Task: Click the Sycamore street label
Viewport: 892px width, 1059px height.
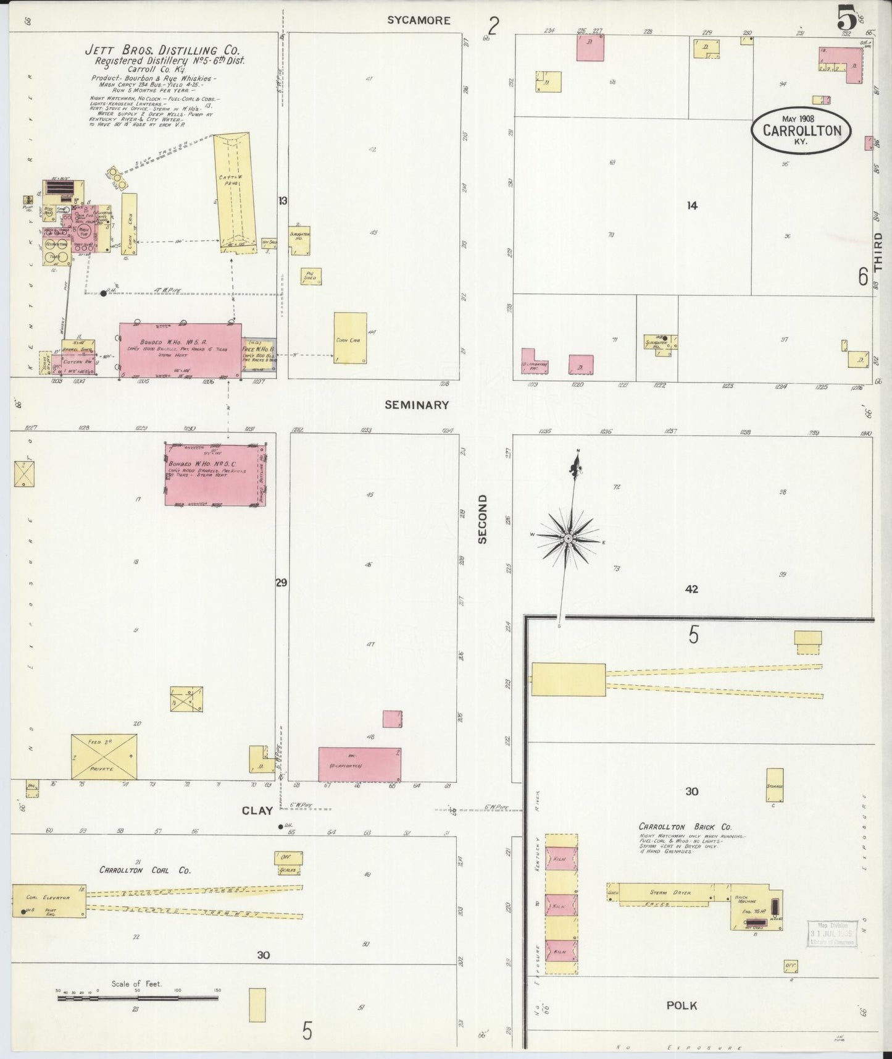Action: (x=419, y=20)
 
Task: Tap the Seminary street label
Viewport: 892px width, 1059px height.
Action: (x=416, y=405)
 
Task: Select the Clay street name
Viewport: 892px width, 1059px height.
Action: (x=257, y=811)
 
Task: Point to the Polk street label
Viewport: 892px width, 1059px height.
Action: (x=682, y=1006)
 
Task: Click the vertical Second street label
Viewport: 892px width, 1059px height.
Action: (x=483, y=519)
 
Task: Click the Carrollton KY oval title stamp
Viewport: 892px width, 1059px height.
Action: (x=801, y=131)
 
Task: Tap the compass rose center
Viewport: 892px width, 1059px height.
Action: (x=568, y=539)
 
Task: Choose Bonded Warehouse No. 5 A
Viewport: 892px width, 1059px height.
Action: (x=180, y=350)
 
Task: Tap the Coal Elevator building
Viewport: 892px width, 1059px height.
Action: (x=49, y=900)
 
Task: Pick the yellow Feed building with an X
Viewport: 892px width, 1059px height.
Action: (x=104, y=756)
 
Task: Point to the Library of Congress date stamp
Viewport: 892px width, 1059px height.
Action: (x=832, y=932)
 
